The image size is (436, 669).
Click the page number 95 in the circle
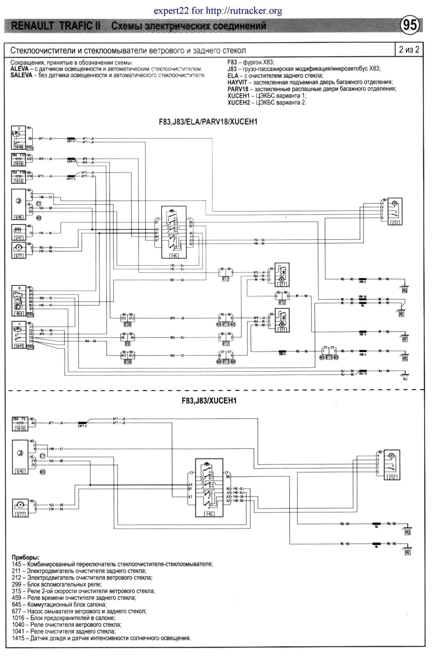coord(410,25)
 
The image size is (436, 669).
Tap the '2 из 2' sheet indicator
coord(409,50)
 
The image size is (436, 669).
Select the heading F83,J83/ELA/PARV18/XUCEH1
coord(208,122)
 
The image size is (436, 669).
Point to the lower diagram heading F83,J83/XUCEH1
coord(209,400)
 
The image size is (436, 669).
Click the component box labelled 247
coord(18,232)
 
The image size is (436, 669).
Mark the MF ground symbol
coord(405,338)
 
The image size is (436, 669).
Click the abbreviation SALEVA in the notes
coord(21,75)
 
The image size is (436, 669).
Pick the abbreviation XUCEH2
coord(239,102)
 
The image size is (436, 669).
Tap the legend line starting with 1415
coord(101,638)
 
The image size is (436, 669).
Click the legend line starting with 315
coord(83,591)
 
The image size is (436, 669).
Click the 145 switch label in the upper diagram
coord(174,256)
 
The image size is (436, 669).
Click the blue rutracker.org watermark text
coord(218,11)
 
